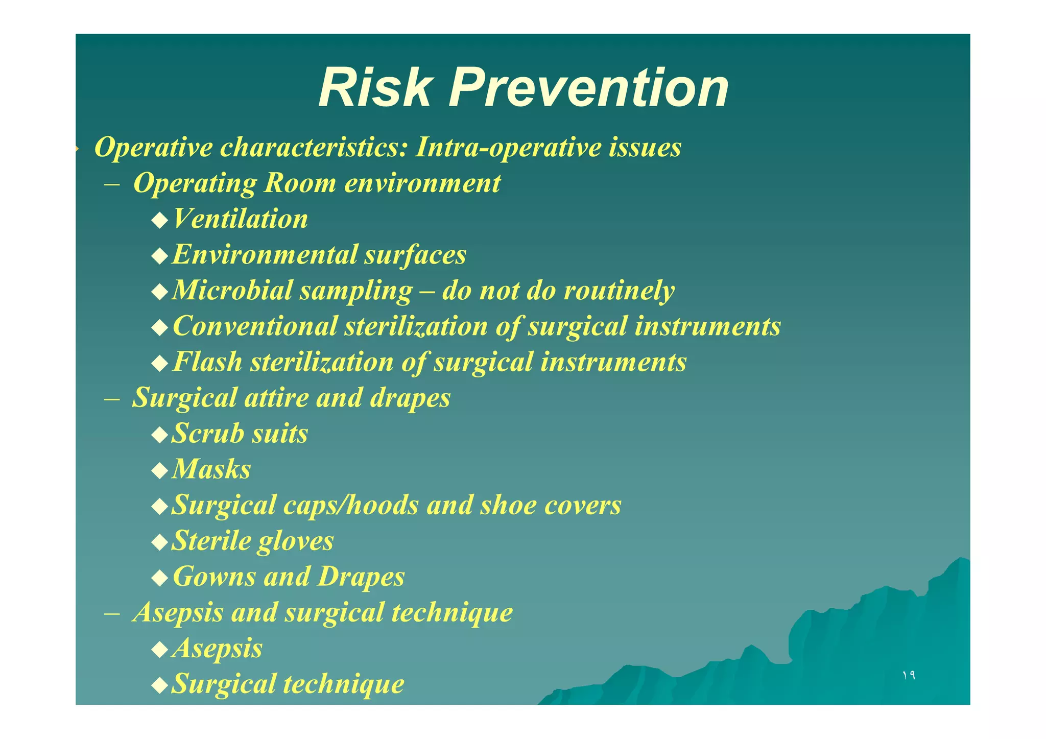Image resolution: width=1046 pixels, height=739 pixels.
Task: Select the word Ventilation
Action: point(240,219)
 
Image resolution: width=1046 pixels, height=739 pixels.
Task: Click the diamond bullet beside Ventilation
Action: point(160,221)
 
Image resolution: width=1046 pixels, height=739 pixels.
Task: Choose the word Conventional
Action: point(255,326)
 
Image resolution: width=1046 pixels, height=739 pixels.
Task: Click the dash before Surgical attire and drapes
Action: point(112,398)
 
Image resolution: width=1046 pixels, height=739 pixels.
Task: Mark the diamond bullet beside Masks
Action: point(160,471)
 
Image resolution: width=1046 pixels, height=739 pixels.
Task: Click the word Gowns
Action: point(214,577)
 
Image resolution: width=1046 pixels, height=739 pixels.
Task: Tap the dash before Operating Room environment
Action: point(112,184)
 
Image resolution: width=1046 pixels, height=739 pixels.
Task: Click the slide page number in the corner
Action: point(908,675)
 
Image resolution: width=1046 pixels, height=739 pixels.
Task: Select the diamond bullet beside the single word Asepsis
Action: point(160,650)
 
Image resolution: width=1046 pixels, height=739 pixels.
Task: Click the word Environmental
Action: point(265,255)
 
